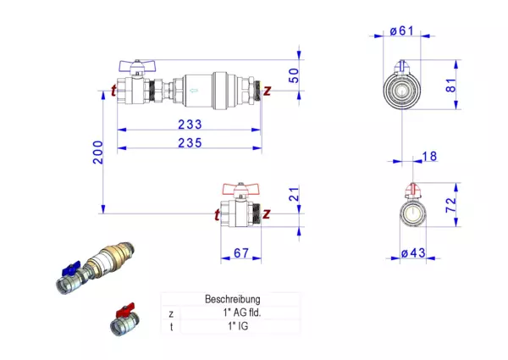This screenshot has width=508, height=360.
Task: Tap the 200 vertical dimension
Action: [98, 152]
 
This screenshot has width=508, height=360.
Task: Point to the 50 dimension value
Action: [294, 74]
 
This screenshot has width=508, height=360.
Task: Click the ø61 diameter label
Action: [401, 32]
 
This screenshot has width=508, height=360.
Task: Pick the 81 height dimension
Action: [475, 85]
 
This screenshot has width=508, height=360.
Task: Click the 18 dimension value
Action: [429, 156]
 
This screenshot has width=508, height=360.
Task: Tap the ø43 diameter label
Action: [412, 252]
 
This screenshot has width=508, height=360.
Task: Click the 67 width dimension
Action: [240, 252]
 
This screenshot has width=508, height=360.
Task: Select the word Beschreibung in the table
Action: [233, 299]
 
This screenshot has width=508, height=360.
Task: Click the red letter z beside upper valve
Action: [267, 89]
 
